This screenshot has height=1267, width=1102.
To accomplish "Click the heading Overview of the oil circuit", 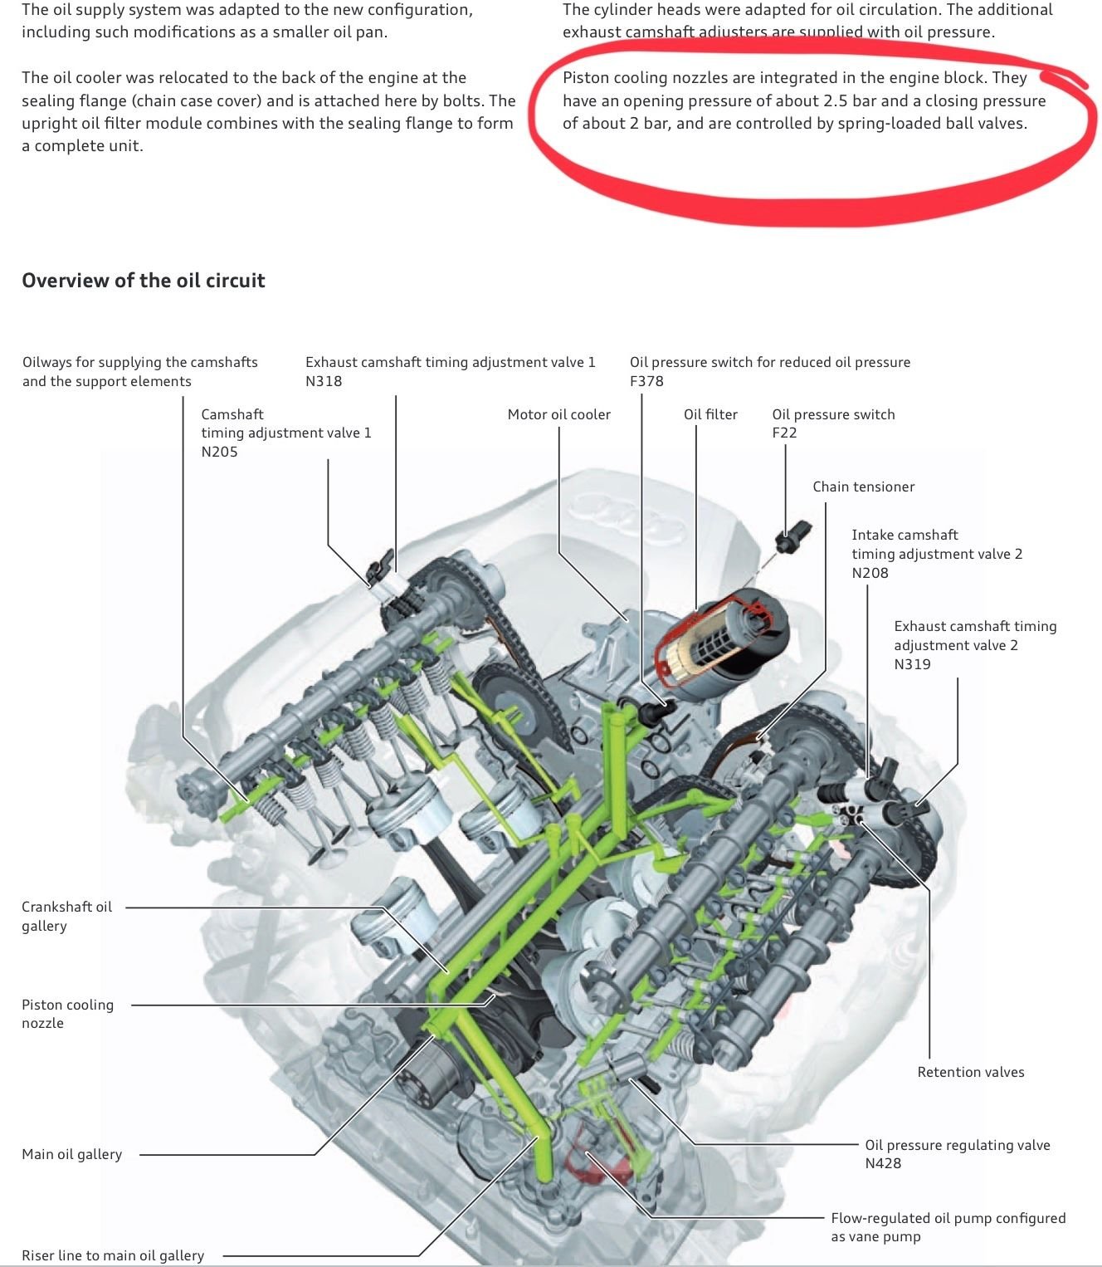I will click(x=143, y=281).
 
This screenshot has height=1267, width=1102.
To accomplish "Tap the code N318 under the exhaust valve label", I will click(x=324, y=381).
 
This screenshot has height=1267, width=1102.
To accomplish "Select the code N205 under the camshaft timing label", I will click(x=219, y=452).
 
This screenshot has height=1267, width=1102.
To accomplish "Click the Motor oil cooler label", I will click(x=558, y=414).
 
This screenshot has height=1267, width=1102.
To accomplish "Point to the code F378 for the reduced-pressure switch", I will click(x=646, y=381).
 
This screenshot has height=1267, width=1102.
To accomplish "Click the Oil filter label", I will click(x=710, y=414).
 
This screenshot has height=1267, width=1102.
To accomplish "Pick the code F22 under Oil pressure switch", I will click(x=784, y=433).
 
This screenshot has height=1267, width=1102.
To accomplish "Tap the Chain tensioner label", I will click(x=863, y=487).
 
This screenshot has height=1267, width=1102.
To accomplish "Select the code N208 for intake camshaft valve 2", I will click(x=870, y=573).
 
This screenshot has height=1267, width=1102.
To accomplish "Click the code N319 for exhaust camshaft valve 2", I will click(x=912, y=664).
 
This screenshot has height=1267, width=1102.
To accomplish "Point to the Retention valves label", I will click(x=970, y=1072).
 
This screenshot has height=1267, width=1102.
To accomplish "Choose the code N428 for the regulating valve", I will click(x=883, y=1163).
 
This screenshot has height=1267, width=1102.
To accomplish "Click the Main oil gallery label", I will click(x=71, y=1154).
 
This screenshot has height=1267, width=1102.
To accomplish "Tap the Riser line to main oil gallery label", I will click(x=113, y=1255).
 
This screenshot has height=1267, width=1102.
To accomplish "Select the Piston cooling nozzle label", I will click(x=66, y=1014).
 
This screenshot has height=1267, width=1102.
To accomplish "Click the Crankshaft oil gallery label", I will click(x=66, y=916).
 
